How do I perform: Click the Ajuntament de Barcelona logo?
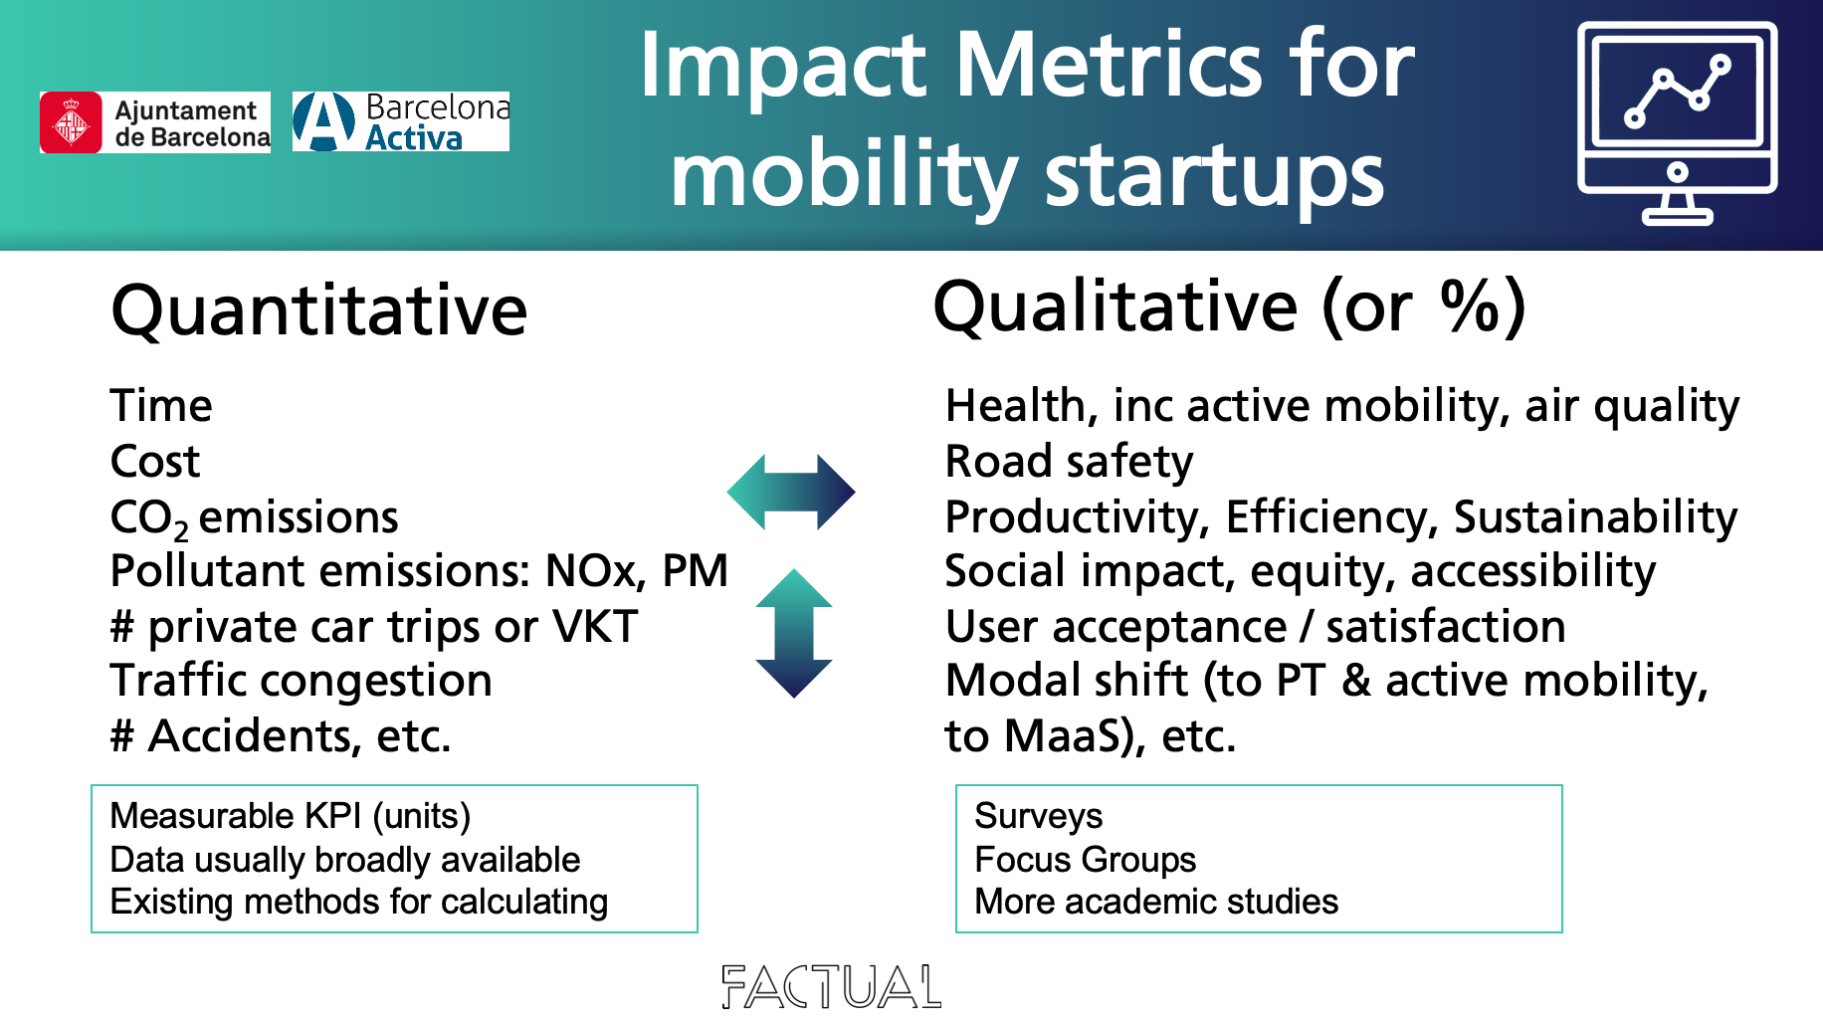click(155, 122)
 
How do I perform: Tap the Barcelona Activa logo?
click(401, 121)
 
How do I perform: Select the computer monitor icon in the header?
click(1677, 123)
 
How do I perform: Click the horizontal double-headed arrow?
click(791, 492)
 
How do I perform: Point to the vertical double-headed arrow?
click(794, 633)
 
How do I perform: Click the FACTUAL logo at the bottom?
click(831, 986)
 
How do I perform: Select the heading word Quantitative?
click(319, 310)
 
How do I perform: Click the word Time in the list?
click(161, 406)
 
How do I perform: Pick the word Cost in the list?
click(155, 462)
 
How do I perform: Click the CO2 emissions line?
click(255, 518)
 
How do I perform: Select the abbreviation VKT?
click(595, 627)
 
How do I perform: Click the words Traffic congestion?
click(302, 682)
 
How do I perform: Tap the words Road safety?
click(1069, 463)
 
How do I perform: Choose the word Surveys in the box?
click(1039, 816)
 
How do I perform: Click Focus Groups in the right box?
click(1086, 859)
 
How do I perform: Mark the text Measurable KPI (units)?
click(291, 816)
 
